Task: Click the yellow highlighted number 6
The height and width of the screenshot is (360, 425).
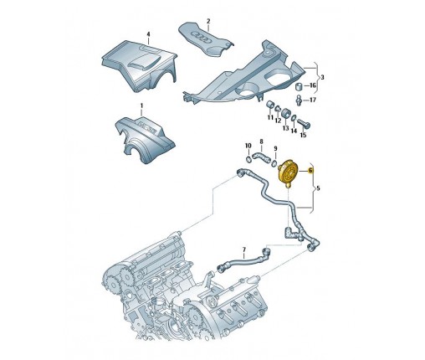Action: tap(310, 170)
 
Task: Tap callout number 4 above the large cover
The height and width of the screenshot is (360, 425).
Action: tap(148, 34)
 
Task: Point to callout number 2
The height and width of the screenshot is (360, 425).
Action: tap(208, 21)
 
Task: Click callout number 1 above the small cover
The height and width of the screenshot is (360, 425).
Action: tap(141, 106)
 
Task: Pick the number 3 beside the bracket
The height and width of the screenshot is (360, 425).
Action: tap(322, 77)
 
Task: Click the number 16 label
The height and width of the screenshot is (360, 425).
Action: tap(313, 85)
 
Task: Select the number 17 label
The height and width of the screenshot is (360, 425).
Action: tap(313, 100)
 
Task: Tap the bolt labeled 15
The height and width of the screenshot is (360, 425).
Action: tap(304, 123)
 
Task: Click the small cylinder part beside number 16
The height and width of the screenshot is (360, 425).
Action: tap(300, 87)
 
